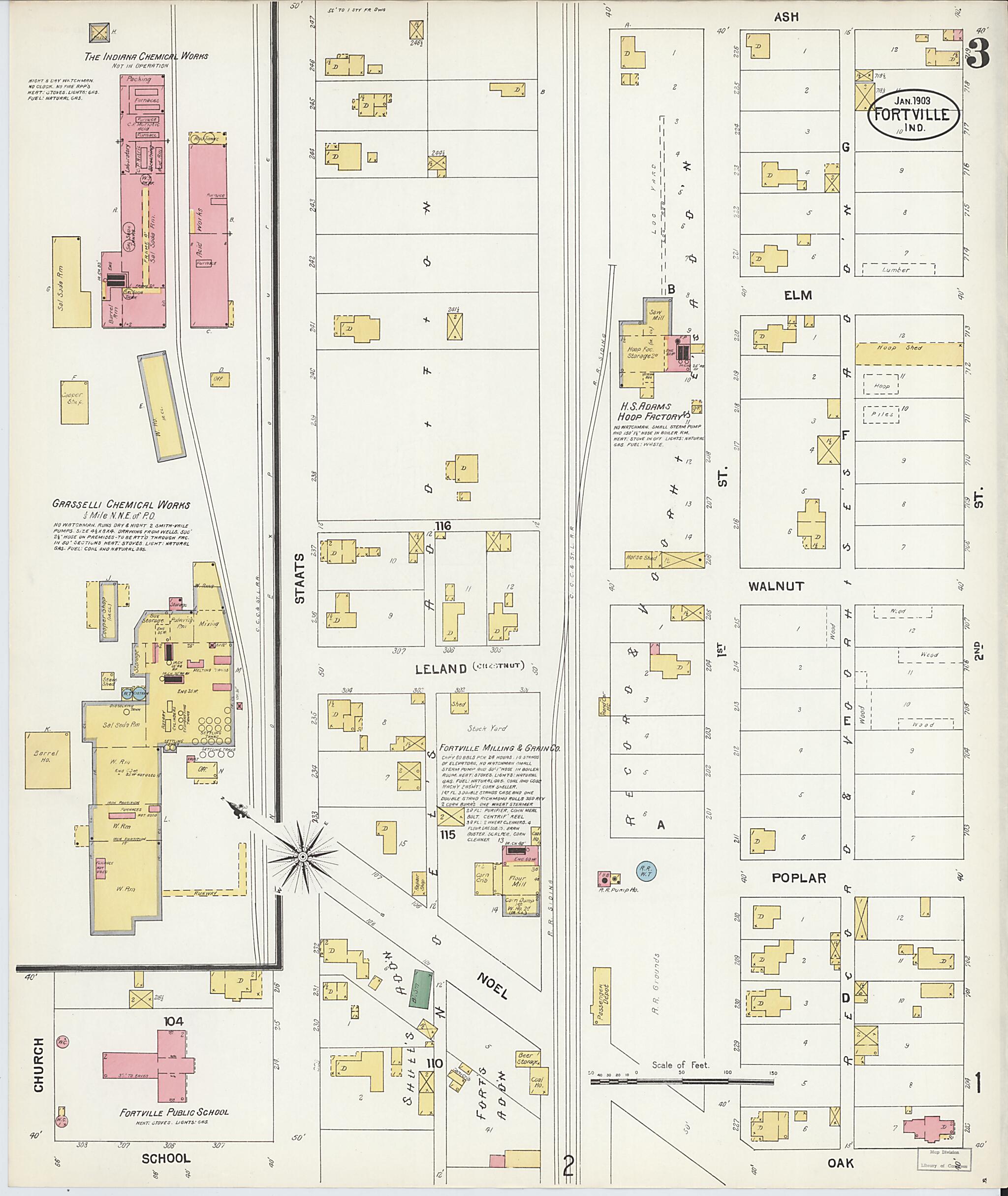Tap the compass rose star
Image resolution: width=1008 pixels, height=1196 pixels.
pyautogui.click(x=302, y=856)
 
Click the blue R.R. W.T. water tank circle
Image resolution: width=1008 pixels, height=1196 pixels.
pyautogui.click(x=646, y=872)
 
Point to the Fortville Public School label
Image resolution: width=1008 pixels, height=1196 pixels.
pyautogui.click(x=174, y=1112)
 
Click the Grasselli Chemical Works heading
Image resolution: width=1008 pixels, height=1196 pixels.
pyautogui.click(x=121, y=505)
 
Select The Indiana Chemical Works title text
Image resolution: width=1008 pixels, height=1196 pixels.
pyautogui.click(x=146, y=56)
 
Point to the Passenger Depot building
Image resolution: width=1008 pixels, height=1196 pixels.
pyautogui.click(x=600, y=995)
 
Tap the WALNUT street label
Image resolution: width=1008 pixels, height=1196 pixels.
pyautogui.click(x=776, y=586)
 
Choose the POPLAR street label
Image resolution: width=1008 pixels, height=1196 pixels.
pyautogui.click(x=798, y=878)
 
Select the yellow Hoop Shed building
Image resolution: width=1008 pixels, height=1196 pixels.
pyautogui.click(x=909, y=354)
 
